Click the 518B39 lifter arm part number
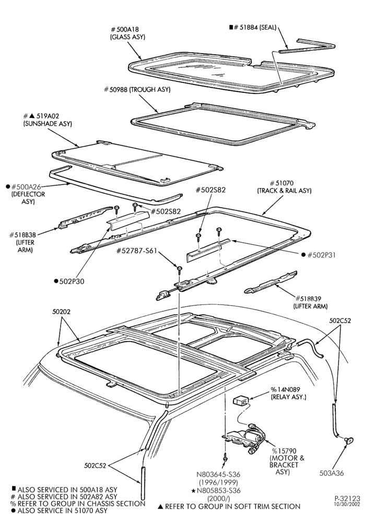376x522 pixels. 310,299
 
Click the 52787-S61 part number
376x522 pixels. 136,251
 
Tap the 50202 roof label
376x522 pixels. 61,312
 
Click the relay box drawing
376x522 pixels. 240,400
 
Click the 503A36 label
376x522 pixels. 332,473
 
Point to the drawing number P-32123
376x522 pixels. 347,499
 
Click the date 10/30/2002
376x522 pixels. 347,504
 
